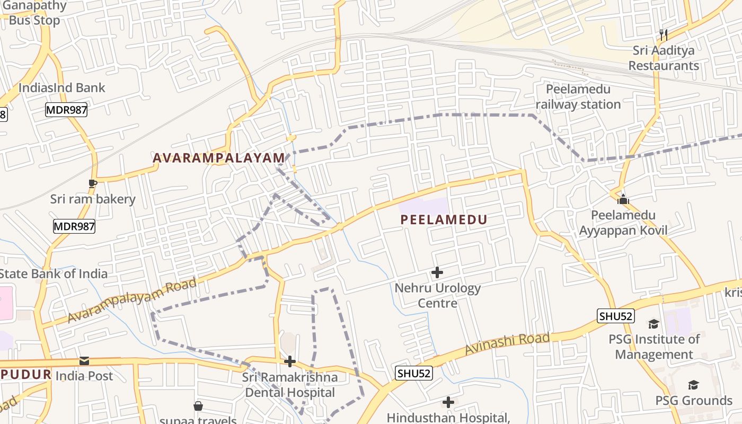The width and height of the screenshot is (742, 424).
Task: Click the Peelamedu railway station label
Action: (x=578, y=97)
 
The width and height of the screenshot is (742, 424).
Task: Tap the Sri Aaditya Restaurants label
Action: (x=664, y=58)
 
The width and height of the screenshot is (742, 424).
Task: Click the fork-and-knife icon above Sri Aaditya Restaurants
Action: (x=663, y=35)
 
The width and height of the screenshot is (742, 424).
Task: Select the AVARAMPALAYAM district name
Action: (x=219, y=158)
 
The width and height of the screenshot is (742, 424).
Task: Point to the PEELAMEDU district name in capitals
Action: (x=444, y=219)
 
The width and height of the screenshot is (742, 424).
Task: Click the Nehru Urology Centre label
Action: (x=438, y=296)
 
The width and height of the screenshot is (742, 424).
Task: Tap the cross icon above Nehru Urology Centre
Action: (x=437, y=272)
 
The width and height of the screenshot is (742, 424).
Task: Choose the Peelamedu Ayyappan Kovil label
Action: (x=623, y=223)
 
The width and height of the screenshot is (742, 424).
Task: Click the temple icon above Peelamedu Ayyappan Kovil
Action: (x=623, y=199)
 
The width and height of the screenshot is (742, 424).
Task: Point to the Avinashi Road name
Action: (x=508, y=344)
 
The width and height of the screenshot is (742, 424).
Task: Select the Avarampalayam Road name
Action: (x=132, y=301)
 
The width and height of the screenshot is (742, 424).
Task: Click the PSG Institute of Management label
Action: (x=654, y=347)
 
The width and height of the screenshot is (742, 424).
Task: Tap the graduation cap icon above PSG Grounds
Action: (x=693, y=385)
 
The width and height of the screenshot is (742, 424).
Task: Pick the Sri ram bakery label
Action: (x=93, y=199)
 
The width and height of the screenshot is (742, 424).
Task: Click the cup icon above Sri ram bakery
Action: (x=93, y=183)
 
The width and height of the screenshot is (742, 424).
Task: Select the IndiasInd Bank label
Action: (x=62, y=88)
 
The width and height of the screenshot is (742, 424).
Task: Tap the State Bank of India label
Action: (x=53, y=274)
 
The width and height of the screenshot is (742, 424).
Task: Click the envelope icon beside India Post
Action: (x=84, y=361)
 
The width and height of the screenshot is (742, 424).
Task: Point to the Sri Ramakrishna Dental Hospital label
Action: (x=290, y=385)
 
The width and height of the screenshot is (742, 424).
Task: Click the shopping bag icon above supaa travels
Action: (x=198, y=406)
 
